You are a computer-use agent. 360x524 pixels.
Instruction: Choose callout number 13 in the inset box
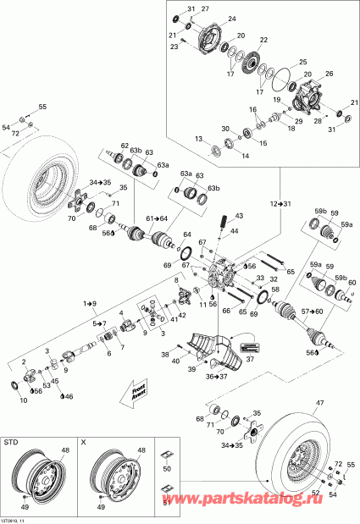(x=198, y=139)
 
